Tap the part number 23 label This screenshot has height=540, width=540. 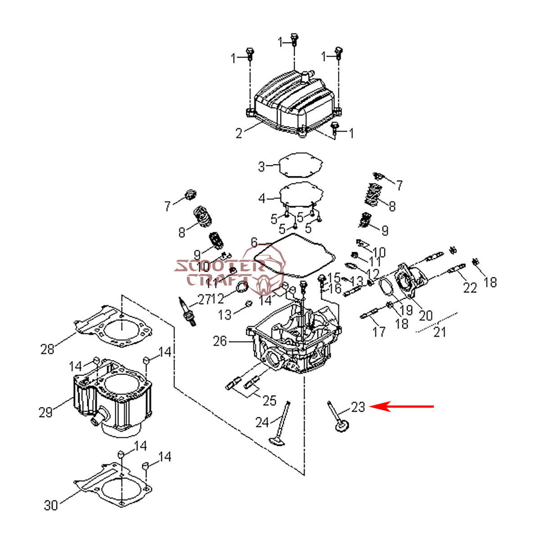pyautogui.click(x=358, y=407)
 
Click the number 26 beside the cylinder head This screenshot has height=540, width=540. pyautogui.click(x=220, y=342)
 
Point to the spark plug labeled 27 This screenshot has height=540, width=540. pyautogui.click(x=187, y=310)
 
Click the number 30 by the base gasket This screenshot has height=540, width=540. pyautogui.click(x=51, y=505)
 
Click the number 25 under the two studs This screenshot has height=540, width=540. pyautogui.click(x=269, y=400)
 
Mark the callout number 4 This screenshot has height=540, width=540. pyautogui.click(x=262, y=198)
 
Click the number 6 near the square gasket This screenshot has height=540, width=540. pyautogui.click(x=254, y=243)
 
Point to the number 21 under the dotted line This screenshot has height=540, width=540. pyautogui.click(x=439, y=332)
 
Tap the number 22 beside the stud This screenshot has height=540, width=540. pyautogui.click(x=470, y=287)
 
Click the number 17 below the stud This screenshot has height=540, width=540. pyautogui.click(x=379, y=332)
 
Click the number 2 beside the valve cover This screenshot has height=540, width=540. pyautogui.click(x=238, y=133)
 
